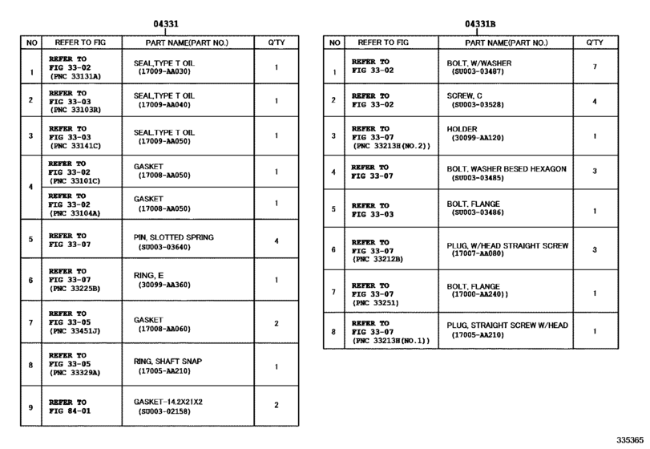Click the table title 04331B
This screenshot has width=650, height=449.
(480, 24)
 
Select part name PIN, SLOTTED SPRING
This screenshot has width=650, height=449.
(174, 237)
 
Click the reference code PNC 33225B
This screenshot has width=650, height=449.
(75, 289)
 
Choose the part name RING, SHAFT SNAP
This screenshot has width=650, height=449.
(168, 361)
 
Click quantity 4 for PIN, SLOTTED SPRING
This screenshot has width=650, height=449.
(276, 241)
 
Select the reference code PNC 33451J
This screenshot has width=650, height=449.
(75, 329)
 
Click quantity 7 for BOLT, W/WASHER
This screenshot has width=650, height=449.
(594, 67)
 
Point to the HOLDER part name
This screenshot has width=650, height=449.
(462, 128)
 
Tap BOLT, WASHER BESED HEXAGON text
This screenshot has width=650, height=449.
(507, 169)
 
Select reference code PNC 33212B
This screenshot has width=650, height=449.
(377, 259)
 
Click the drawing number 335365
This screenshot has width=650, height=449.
(630, 439)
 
